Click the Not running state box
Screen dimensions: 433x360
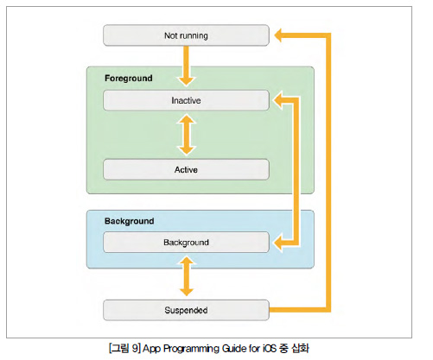(186, 35)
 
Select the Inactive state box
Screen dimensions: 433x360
(186, 100)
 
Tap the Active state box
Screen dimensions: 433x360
(186, 169)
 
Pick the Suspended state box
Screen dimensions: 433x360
(186, 310)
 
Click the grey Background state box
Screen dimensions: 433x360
(186, 243)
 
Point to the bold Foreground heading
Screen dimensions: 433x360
(129, 79)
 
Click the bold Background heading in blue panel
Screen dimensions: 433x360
(129, 221)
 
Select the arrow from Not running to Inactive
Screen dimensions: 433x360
(187, 66)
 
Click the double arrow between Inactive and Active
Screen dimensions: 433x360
(187, 135)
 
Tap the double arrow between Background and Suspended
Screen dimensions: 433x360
(187, 276)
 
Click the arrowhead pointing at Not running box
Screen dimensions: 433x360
(278, 35)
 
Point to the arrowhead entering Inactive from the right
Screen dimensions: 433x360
(277, 100)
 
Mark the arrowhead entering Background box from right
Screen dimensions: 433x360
(277, 243)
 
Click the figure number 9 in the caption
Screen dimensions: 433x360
(135, 349)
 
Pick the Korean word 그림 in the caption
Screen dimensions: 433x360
(119, 349)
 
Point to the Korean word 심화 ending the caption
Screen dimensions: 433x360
(300, 349)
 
